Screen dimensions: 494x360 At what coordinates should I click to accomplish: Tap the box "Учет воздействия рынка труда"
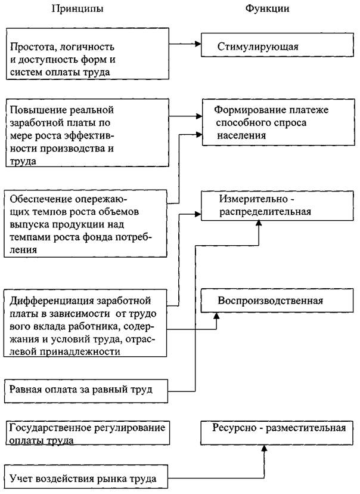[x=84, y=477]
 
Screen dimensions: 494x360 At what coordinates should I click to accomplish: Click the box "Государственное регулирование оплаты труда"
[x=87, y=434]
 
